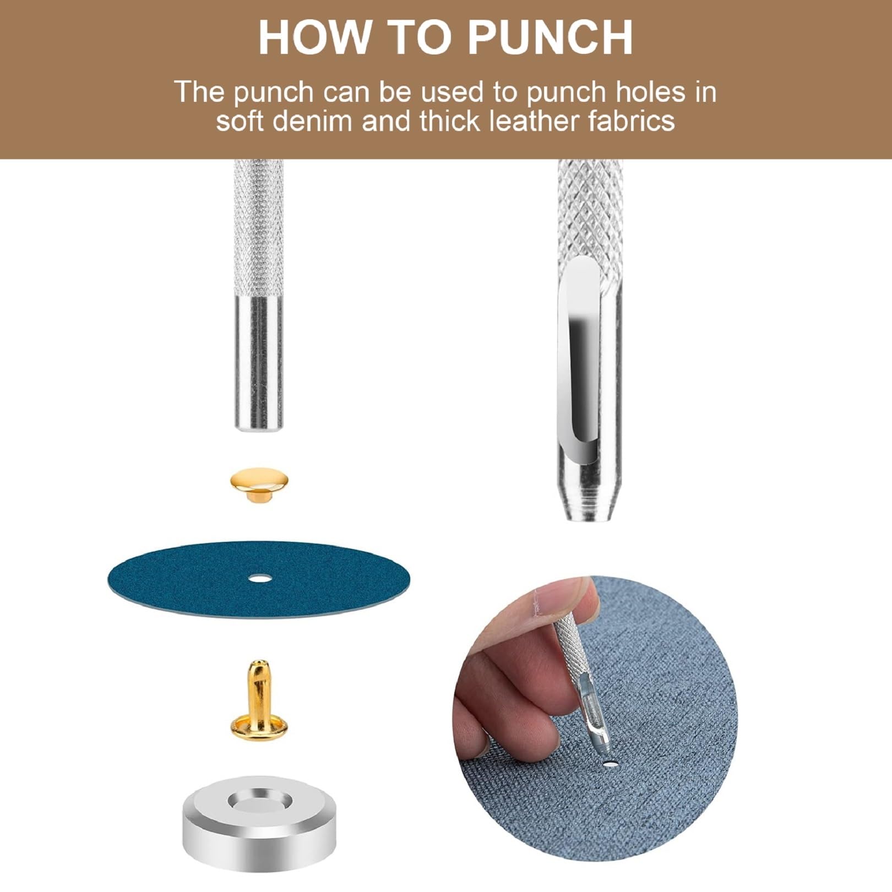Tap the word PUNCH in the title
[x=551, y=37]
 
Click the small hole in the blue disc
[x=258, y=579]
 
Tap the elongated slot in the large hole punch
[x=578, y=358]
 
